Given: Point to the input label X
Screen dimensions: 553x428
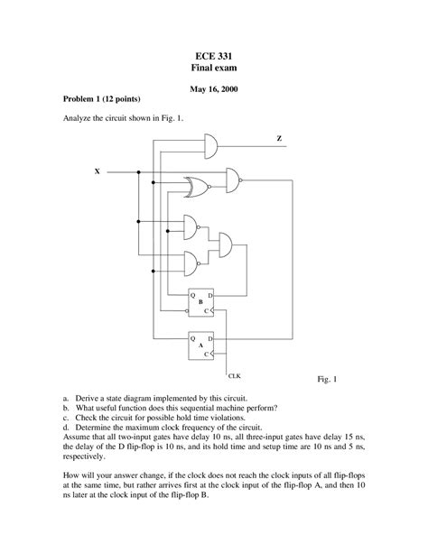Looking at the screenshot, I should [97, 171].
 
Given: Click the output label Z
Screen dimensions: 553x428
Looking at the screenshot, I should [279, 138].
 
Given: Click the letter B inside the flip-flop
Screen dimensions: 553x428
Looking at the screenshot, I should [200, 301].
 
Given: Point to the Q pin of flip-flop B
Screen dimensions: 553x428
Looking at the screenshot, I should [191, 295].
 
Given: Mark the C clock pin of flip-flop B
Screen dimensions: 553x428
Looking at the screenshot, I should [209, 310].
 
